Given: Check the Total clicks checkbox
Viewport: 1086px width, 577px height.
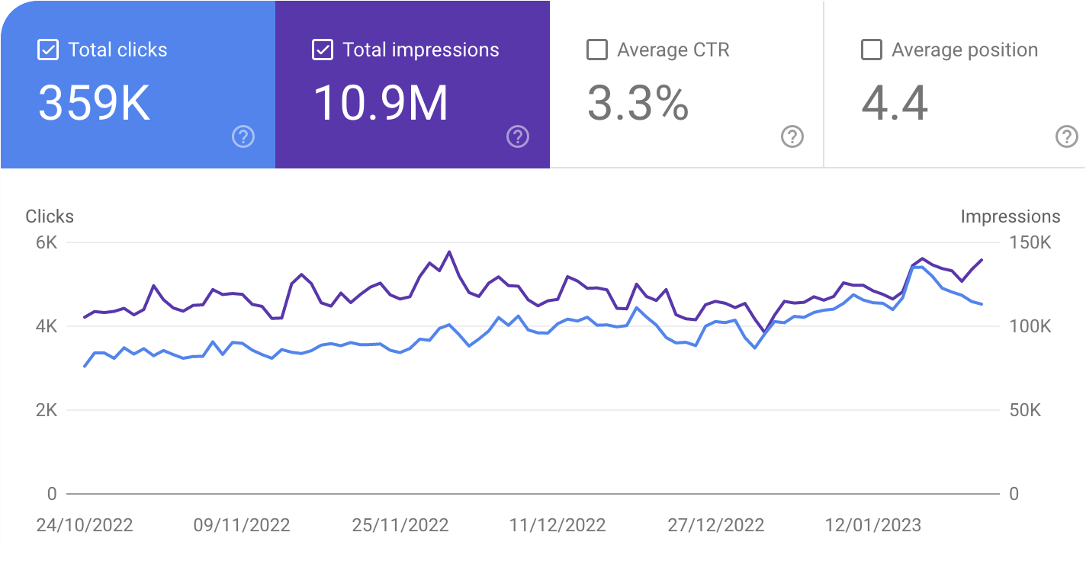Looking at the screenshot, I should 47,50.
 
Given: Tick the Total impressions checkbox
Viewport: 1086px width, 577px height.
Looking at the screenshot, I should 323,50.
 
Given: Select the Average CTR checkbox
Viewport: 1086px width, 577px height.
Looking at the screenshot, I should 597,50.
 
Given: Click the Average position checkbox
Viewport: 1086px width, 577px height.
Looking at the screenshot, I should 872,50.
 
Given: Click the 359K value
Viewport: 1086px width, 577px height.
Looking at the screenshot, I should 94,103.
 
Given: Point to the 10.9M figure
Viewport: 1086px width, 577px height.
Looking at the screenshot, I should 381,103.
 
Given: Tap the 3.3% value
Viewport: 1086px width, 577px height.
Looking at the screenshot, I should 638,103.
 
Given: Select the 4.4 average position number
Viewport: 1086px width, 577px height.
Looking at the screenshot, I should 895,103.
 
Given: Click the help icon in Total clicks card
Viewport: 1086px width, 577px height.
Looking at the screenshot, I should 243,137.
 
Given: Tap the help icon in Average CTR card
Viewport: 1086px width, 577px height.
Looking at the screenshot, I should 792,137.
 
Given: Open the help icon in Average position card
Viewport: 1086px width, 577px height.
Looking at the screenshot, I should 1066,137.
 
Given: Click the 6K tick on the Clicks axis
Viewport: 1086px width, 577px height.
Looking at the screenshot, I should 47,242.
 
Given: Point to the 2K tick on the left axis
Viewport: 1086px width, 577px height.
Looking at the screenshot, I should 47,410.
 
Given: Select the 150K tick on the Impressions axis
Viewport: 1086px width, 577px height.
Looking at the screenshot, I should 1030,242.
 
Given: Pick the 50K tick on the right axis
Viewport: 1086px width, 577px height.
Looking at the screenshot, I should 1025,410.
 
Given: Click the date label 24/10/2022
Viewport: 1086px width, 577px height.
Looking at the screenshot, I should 85,525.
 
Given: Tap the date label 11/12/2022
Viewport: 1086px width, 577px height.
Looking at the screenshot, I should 557,525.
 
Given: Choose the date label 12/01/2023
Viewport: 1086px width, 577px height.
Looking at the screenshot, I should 873,525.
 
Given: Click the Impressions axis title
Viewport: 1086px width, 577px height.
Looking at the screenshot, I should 1010,216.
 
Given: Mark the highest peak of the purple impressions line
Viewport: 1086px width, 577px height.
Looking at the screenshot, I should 449,252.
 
